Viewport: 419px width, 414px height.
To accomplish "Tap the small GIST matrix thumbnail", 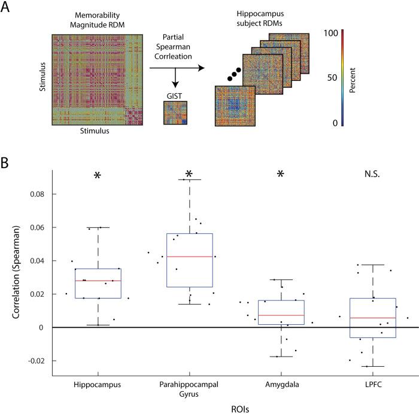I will click(175, 113).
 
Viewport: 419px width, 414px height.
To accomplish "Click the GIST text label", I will click(175, 95).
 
